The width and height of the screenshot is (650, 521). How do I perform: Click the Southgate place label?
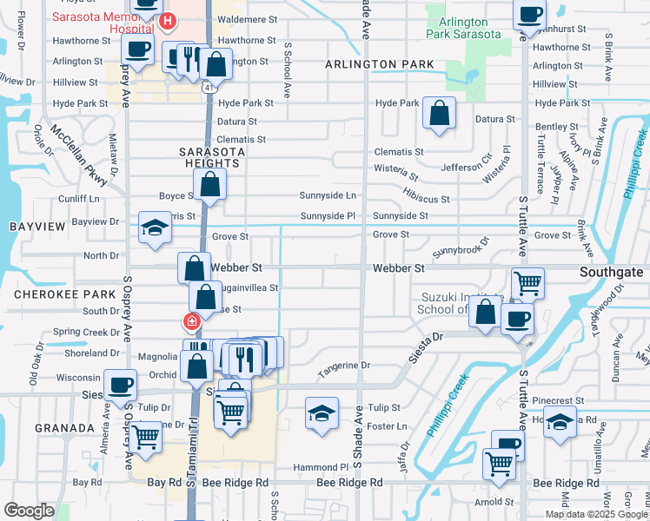(612, 272)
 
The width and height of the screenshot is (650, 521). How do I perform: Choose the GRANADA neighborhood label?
(63, 428)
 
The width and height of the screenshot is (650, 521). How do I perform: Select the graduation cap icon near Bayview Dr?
(156, 228)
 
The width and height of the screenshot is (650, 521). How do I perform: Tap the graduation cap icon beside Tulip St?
(322, 413)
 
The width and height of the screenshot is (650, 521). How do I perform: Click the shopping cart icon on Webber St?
(528, 282)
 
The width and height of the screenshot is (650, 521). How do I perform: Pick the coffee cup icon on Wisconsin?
(120, 384)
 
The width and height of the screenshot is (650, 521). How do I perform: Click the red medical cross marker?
(191, 322)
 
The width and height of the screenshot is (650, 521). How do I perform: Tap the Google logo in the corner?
(30, 511)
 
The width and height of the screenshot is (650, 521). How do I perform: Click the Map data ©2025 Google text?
(595, 514)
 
